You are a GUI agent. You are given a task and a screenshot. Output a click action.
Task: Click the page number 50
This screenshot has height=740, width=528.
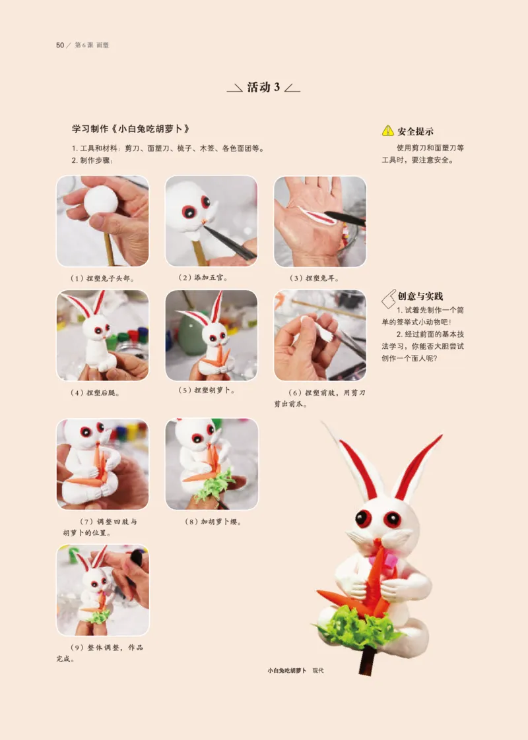tap(59, 45)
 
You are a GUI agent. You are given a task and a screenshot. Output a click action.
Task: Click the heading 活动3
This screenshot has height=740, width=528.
tap(263, 87)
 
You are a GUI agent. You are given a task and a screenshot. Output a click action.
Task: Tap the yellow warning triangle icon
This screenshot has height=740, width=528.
tap(388, 131)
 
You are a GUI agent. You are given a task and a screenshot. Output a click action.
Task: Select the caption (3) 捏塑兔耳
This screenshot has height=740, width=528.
tap(319, 278)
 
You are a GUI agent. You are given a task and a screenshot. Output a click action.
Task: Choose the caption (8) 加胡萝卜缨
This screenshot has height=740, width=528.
tap(213, 522)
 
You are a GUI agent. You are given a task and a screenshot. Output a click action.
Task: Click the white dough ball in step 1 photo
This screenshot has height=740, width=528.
tap(101, 199)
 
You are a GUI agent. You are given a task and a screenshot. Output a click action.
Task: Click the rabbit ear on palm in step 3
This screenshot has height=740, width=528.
tap(317, 215)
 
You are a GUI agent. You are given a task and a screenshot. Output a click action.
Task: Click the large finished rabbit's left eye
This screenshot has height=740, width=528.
tap(363, 518)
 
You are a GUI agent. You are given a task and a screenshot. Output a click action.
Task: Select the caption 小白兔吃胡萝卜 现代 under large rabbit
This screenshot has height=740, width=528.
tap(295, 671)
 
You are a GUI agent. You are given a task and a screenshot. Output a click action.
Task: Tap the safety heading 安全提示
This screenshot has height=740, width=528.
tap(415, 131)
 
